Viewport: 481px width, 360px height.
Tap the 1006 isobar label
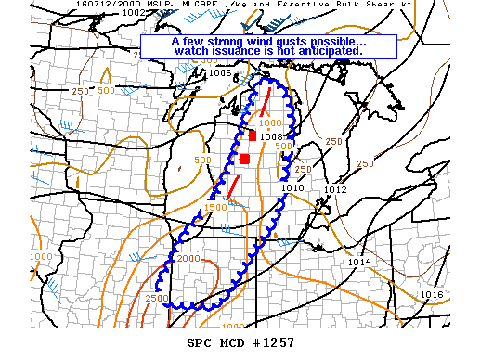(x=220, y=72)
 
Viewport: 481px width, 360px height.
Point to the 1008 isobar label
(x=270, y=136)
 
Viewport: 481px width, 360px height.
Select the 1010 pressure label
(x=293, y=188)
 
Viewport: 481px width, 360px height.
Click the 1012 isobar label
(x=335, y=189)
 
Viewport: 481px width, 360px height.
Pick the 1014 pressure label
(x=360, y=263)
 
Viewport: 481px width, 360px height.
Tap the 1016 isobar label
(x=431, y=294)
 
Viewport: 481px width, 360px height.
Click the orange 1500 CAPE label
(x=215, y=207)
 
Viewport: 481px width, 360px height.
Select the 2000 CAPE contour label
(x=188, y=258)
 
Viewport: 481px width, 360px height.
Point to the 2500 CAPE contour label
(x=157, y=298)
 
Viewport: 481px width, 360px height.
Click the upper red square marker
(x=252, y=136)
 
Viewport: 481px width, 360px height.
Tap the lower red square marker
(x=244, y=159)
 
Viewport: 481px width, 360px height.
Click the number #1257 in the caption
(x=272, y=343)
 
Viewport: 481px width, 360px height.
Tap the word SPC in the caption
(x=201, y=343)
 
